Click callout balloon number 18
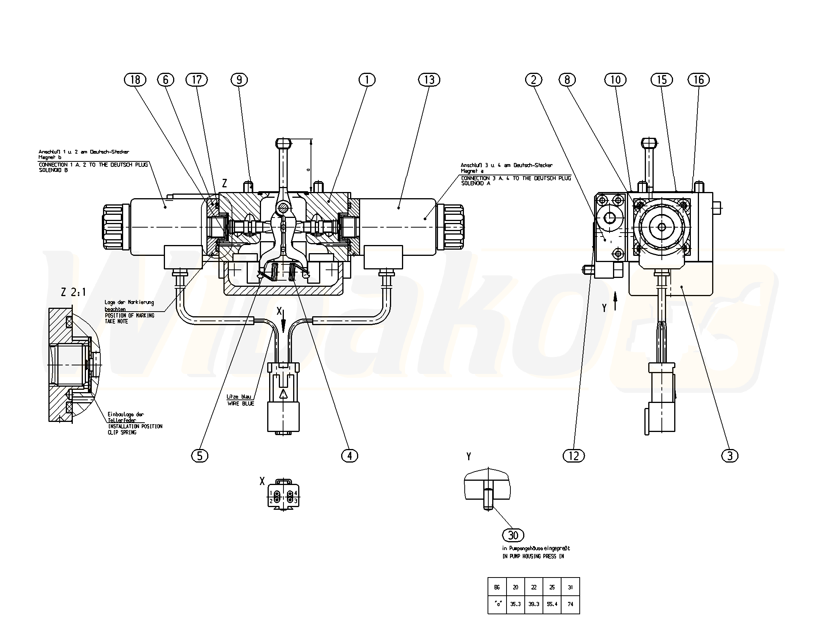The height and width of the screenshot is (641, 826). [135, 80]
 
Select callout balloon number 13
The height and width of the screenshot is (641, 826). [429, 80]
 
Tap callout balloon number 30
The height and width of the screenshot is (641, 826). [513, 535]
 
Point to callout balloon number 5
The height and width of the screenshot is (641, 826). [199, 456]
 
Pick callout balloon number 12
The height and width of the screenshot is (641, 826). [574, 456]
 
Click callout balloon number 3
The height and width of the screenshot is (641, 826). [730, 456]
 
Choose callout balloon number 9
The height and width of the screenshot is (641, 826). [239, 80]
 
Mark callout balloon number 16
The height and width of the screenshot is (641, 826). [698, 80]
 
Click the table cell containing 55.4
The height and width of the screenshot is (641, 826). [552, 604]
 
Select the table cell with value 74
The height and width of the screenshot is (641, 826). [570, 604]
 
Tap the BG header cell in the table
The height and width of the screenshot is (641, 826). [497, 587]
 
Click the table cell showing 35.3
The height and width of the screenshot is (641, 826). [515, 604]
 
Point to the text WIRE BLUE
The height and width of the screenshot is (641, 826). [241, 404]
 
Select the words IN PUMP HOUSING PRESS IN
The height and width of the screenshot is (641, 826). [533, 557]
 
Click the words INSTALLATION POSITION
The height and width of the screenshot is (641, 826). [135, 426]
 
